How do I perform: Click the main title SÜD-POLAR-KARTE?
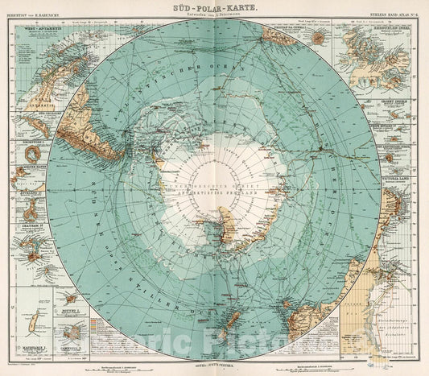(214, 6)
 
